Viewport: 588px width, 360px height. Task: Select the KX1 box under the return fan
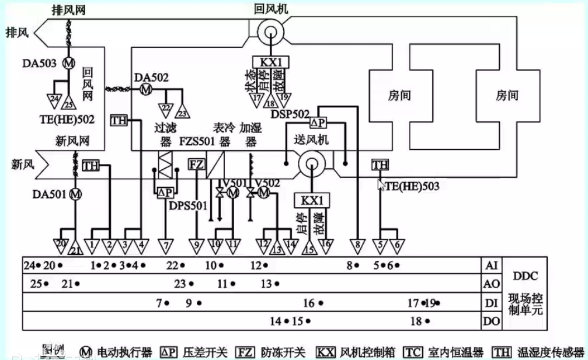(270, 62)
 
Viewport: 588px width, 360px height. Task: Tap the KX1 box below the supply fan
(312, 200)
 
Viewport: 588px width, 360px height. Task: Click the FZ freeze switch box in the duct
(196, 165)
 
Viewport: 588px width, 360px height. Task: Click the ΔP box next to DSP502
(319, 123)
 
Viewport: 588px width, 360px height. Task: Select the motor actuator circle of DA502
(145, 89)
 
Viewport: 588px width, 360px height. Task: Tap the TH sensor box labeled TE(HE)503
(380, 166)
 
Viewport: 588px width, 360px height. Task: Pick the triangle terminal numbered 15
(309, 249)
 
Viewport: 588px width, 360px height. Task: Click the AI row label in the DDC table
(491, 265)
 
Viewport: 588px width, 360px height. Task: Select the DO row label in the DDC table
(491, 320)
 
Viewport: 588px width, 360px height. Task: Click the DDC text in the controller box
(525, 276)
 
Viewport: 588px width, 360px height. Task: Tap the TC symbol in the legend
(413, 352)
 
